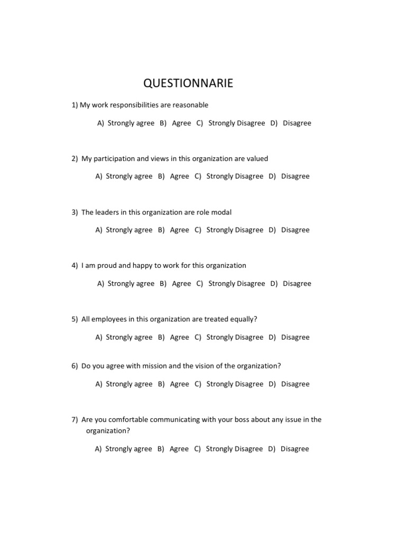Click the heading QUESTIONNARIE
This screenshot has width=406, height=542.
(x=188, y=84)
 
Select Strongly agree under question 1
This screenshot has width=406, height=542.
(x=131, y=123)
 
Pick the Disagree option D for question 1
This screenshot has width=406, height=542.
(x=297, y=123)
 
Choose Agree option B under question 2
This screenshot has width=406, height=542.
(x=179, y=176)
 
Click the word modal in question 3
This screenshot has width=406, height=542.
(x=220, y=212)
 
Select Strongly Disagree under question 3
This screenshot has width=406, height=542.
(x=234, y=230)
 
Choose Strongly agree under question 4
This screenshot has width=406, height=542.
(x=131, y=284)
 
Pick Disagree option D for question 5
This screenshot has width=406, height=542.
(x=295, y=337)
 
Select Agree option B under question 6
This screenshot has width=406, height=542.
(x=179, y=384)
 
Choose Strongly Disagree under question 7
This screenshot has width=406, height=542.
(x=234, y=449)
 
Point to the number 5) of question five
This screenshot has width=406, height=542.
(x=75, y=319)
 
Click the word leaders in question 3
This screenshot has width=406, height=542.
(x=108, y=212)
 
